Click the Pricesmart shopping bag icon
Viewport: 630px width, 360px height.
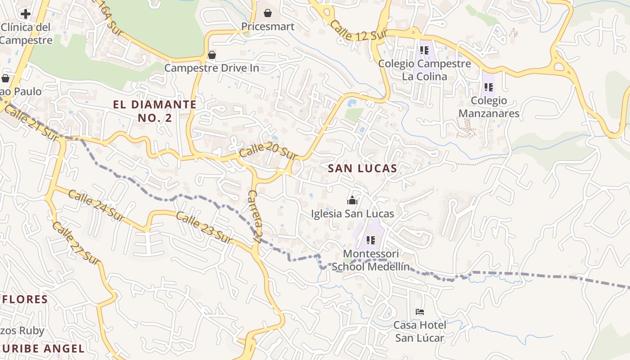268,13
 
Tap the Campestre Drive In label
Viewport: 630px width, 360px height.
211,68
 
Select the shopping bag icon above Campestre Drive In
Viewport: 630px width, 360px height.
211,55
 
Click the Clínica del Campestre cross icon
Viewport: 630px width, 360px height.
26,13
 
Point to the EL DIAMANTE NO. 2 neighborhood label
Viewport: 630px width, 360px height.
154,111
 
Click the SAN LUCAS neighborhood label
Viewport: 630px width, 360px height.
362,169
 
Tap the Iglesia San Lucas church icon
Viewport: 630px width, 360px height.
352,200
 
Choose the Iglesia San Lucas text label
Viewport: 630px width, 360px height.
352,214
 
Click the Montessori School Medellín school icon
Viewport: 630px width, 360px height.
371,240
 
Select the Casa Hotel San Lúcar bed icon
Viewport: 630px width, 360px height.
420,311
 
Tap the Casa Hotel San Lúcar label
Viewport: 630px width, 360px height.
420,331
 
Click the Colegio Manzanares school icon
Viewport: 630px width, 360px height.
489,87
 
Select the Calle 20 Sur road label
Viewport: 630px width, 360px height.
269,151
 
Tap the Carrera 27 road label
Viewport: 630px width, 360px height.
255,217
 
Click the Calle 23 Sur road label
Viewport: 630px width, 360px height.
205,229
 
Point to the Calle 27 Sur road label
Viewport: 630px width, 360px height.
75,243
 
